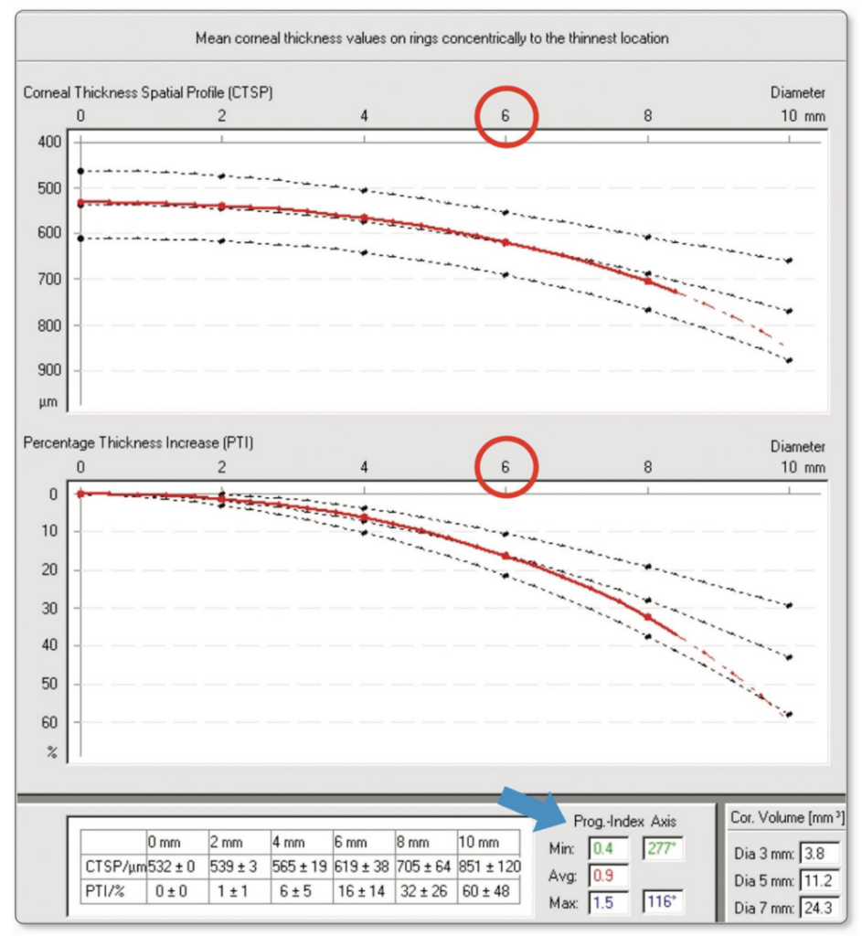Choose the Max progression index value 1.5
[x=601, y=903]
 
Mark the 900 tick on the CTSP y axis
[x=49, y=370]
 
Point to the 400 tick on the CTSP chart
[x=49, y=142]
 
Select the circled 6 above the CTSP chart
[x=505, y=116]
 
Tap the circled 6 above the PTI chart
[x=505, y=467]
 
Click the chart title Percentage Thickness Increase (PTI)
[x=138, y=443]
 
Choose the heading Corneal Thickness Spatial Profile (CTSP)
[x=148, y=92]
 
